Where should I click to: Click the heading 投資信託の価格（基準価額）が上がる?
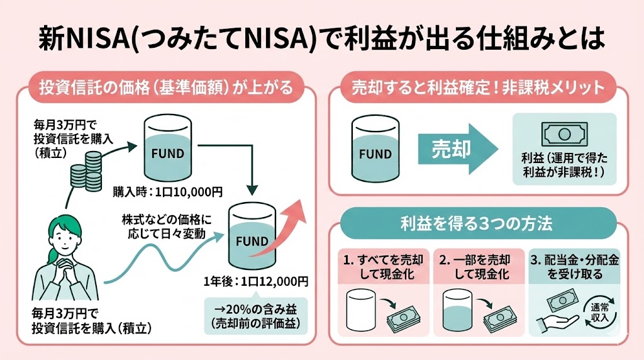[166, 87]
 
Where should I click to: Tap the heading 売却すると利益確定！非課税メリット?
[478, 87]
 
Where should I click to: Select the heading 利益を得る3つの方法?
[478, 223]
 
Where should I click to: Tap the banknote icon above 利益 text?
[564, 133]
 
